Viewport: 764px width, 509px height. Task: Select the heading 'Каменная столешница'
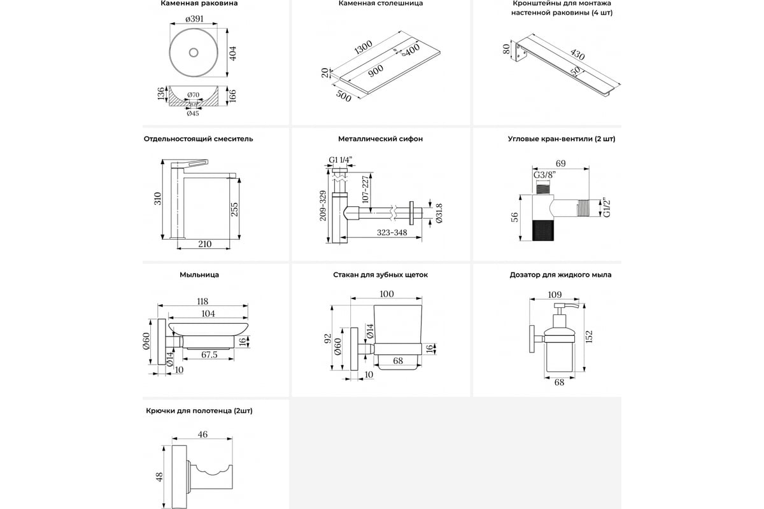pyautogui.click(x=381, y=4)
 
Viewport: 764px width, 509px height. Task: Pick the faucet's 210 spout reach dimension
pyautogui.click(x=204, y=244)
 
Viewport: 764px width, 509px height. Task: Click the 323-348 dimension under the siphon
pyautogui.click(x=392, y=233)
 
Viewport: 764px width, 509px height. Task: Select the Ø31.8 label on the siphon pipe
pyautogui.click(x=439, y=213)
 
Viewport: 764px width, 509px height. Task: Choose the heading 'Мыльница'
pyautogui.click(x=199, y=275)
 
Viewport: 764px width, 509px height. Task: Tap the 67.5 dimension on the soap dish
pyautogui.click(x=208, y=354)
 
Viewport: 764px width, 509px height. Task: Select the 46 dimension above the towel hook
pyautogui.click(x=202, y=435)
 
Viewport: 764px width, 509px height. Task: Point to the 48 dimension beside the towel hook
pyautogui.click(x=159, y=476)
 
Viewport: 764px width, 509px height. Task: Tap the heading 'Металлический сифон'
pyautogui.click(x=381, y=139)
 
